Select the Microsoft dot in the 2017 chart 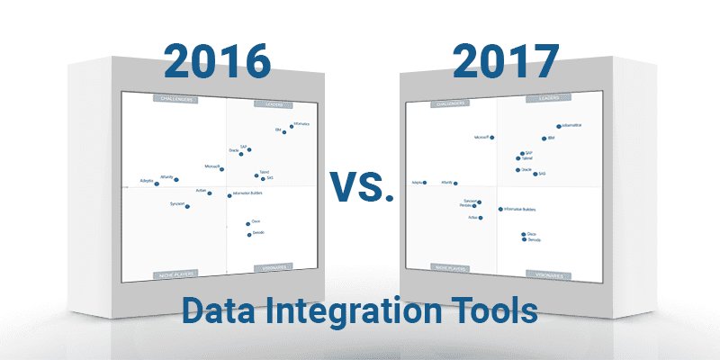coord(491,138)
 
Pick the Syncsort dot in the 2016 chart coord(187,206)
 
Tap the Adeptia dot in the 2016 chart coord(157,184)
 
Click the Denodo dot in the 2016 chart coord(249,234)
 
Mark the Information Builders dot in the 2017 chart coord(500,210)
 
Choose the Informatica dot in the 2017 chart coord(559,127)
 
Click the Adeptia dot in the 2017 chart coord(425,183)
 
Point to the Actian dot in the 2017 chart coord(480,218)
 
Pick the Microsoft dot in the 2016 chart coord(222,168)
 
